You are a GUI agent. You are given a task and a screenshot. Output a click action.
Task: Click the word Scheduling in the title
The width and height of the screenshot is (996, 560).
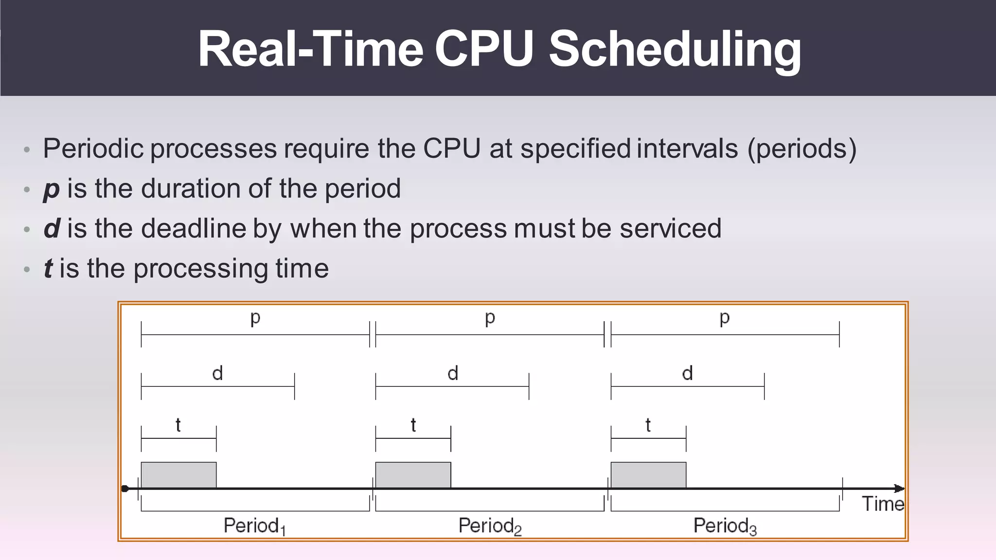click(675, 50)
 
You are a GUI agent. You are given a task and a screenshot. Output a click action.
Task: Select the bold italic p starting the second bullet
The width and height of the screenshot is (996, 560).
click(51, 189)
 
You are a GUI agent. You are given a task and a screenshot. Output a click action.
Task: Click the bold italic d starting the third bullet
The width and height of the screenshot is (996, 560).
click(52, 228)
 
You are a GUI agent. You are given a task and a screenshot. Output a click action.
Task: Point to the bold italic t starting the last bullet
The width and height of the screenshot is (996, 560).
click(48, 269)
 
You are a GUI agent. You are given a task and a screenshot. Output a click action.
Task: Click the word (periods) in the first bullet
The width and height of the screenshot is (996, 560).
click(801, 149)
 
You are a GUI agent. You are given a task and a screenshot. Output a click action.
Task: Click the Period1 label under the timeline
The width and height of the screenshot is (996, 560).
click(254, 526)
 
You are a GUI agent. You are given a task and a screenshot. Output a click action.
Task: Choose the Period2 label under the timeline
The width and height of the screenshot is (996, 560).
click(490, 526)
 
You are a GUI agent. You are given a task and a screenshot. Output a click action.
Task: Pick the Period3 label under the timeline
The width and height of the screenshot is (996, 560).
click(725, 526)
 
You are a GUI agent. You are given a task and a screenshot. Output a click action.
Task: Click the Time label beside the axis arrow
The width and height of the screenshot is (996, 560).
click(883, 504)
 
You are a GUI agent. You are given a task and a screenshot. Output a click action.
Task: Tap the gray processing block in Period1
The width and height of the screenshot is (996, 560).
click(178, 475)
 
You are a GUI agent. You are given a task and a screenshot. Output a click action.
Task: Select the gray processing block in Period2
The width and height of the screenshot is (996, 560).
click(413, 475)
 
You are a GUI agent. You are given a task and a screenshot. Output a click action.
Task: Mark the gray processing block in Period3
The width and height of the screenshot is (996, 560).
click(648, 475)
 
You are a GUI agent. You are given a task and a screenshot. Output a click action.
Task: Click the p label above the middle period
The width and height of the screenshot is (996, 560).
click(490, 318)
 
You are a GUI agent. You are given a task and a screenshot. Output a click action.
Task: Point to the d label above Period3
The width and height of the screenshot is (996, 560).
click(687, 374)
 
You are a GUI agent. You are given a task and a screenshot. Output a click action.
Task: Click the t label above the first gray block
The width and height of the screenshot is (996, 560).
click(178, 425)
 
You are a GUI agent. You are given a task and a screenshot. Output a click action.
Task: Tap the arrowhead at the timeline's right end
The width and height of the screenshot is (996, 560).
click(900, 488)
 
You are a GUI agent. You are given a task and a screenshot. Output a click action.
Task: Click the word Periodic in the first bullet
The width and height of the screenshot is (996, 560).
click(93, 149)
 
